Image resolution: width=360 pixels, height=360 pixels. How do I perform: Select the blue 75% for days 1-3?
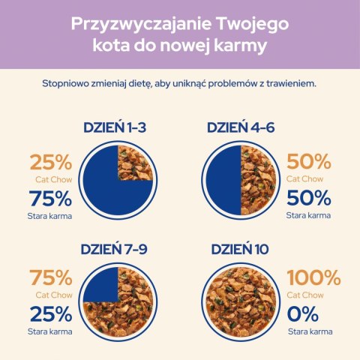pyautogui.click(x=50, y=199)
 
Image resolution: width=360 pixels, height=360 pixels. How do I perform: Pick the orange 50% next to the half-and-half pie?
pyautogui.click(x=309, y=161)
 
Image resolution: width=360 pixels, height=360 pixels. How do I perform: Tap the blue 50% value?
pyautogui.click(x=309, y=199)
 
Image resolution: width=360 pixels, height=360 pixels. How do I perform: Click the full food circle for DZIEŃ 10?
pyautogui.click(x=240, y=302)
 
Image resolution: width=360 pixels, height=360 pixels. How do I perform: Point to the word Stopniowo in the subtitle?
pyautogui.click(x=66, y=84)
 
